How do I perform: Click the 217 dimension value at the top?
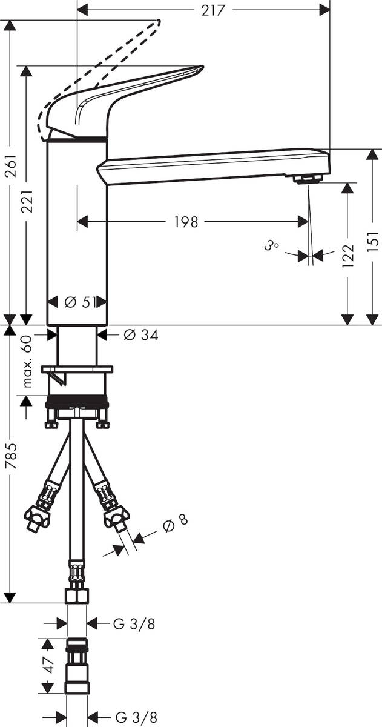[x=213, y=11]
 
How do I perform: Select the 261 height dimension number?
[x=11, y=165]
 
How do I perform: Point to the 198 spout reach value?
[x=186, y=222]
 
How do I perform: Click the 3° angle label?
[x=271, y=247]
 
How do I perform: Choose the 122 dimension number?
[x=348, y=256]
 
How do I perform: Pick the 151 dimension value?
[x=374, y=242]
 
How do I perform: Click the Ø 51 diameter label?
[x=80, y=302]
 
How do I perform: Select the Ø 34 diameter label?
[x=140, y=335]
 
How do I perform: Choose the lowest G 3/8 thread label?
[x=136, y=717]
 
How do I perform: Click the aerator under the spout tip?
[x=308, y=179]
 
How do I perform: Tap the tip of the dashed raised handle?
[x=159, y=21]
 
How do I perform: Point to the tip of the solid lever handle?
[x=202, y=67]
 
